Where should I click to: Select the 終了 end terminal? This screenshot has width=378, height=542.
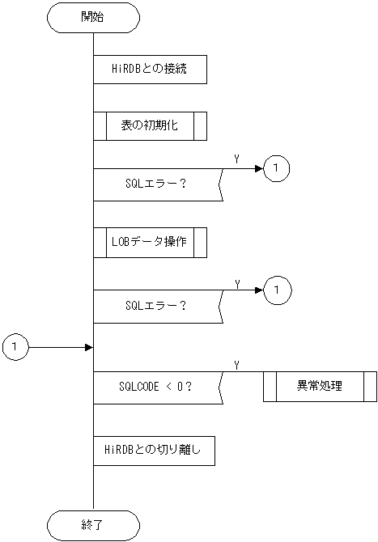(93, 524)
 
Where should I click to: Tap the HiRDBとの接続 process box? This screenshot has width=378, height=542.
(150, 70)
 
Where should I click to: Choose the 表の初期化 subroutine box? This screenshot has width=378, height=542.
(150, 125)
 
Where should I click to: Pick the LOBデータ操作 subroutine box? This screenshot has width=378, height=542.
(150, 242)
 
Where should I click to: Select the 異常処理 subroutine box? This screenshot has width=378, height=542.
(320, 386)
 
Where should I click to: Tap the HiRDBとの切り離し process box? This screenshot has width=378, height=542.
(154, 451)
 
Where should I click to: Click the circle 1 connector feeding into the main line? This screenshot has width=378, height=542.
(15, 347)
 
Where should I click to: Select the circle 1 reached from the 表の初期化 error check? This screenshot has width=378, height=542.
(276, 168)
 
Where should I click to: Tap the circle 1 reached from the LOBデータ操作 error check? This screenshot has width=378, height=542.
(276, 289)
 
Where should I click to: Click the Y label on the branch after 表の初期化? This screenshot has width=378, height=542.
(236, 160)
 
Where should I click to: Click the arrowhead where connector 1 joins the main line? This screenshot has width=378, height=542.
(89, 347)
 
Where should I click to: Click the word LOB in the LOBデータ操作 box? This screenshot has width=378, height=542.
(121, 242)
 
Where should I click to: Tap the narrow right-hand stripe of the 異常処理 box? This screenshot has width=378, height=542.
(370, 386)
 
